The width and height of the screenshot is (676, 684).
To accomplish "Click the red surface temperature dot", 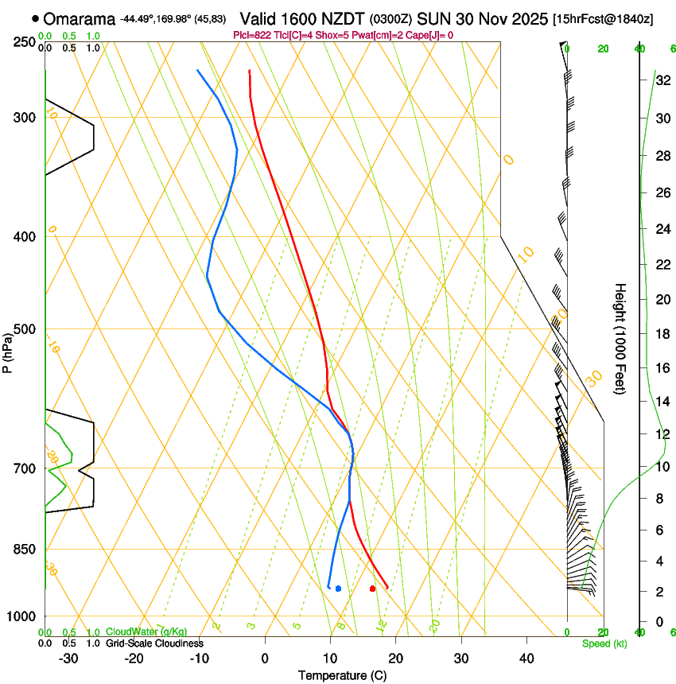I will [x=372, y=589].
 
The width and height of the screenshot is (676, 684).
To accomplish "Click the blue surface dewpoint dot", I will [x=338, y=589].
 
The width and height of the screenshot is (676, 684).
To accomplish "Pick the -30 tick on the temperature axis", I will [x=68, y=659].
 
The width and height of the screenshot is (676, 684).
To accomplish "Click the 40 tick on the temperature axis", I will [x=526, y=659].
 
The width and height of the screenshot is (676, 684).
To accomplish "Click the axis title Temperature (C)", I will [x=343, y=675].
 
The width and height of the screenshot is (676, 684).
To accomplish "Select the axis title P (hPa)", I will [x=7, y=351].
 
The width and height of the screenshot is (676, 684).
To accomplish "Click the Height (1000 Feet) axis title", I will [x=621, y=338].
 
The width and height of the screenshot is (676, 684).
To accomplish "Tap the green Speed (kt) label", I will [x=604, y=643].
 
